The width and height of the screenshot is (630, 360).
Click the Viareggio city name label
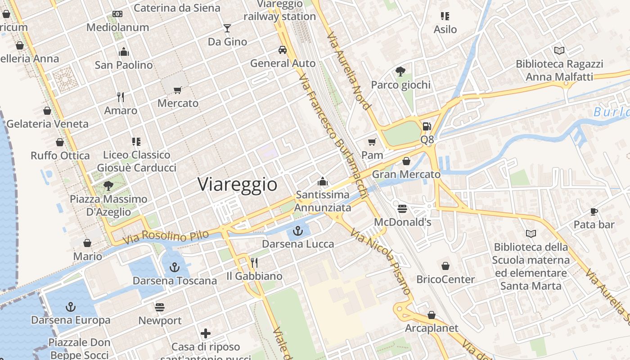[x=237, y=184]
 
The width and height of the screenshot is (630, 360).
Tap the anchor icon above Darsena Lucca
[x=297, y=231]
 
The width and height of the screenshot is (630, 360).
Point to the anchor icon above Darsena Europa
[x=70, y=307]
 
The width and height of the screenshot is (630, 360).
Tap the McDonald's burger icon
[x=402, y=209]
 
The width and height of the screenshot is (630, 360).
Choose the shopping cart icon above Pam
[x=372, y=142]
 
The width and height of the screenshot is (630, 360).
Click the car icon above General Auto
[x=283, y=49]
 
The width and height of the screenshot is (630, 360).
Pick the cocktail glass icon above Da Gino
[x=227, y=29]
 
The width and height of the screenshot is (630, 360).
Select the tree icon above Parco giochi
[x=400, y=71]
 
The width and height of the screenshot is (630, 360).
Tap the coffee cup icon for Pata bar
[x=594, y=211]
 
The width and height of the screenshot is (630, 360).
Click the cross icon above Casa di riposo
[x=206, y=333]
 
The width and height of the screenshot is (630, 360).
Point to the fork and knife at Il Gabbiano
[x=254, y=263]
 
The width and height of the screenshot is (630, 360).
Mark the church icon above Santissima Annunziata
[x=322, y=181]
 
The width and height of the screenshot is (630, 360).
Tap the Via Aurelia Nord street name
[x=349, y=71]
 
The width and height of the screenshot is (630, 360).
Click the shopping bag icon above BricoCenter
[x=445, y=266]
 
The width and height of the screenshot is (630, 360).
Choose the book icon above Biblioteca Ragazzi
[x=559, y=50]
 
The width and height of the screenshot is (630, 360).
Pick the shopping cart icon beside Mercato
[x=178, y=90]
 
